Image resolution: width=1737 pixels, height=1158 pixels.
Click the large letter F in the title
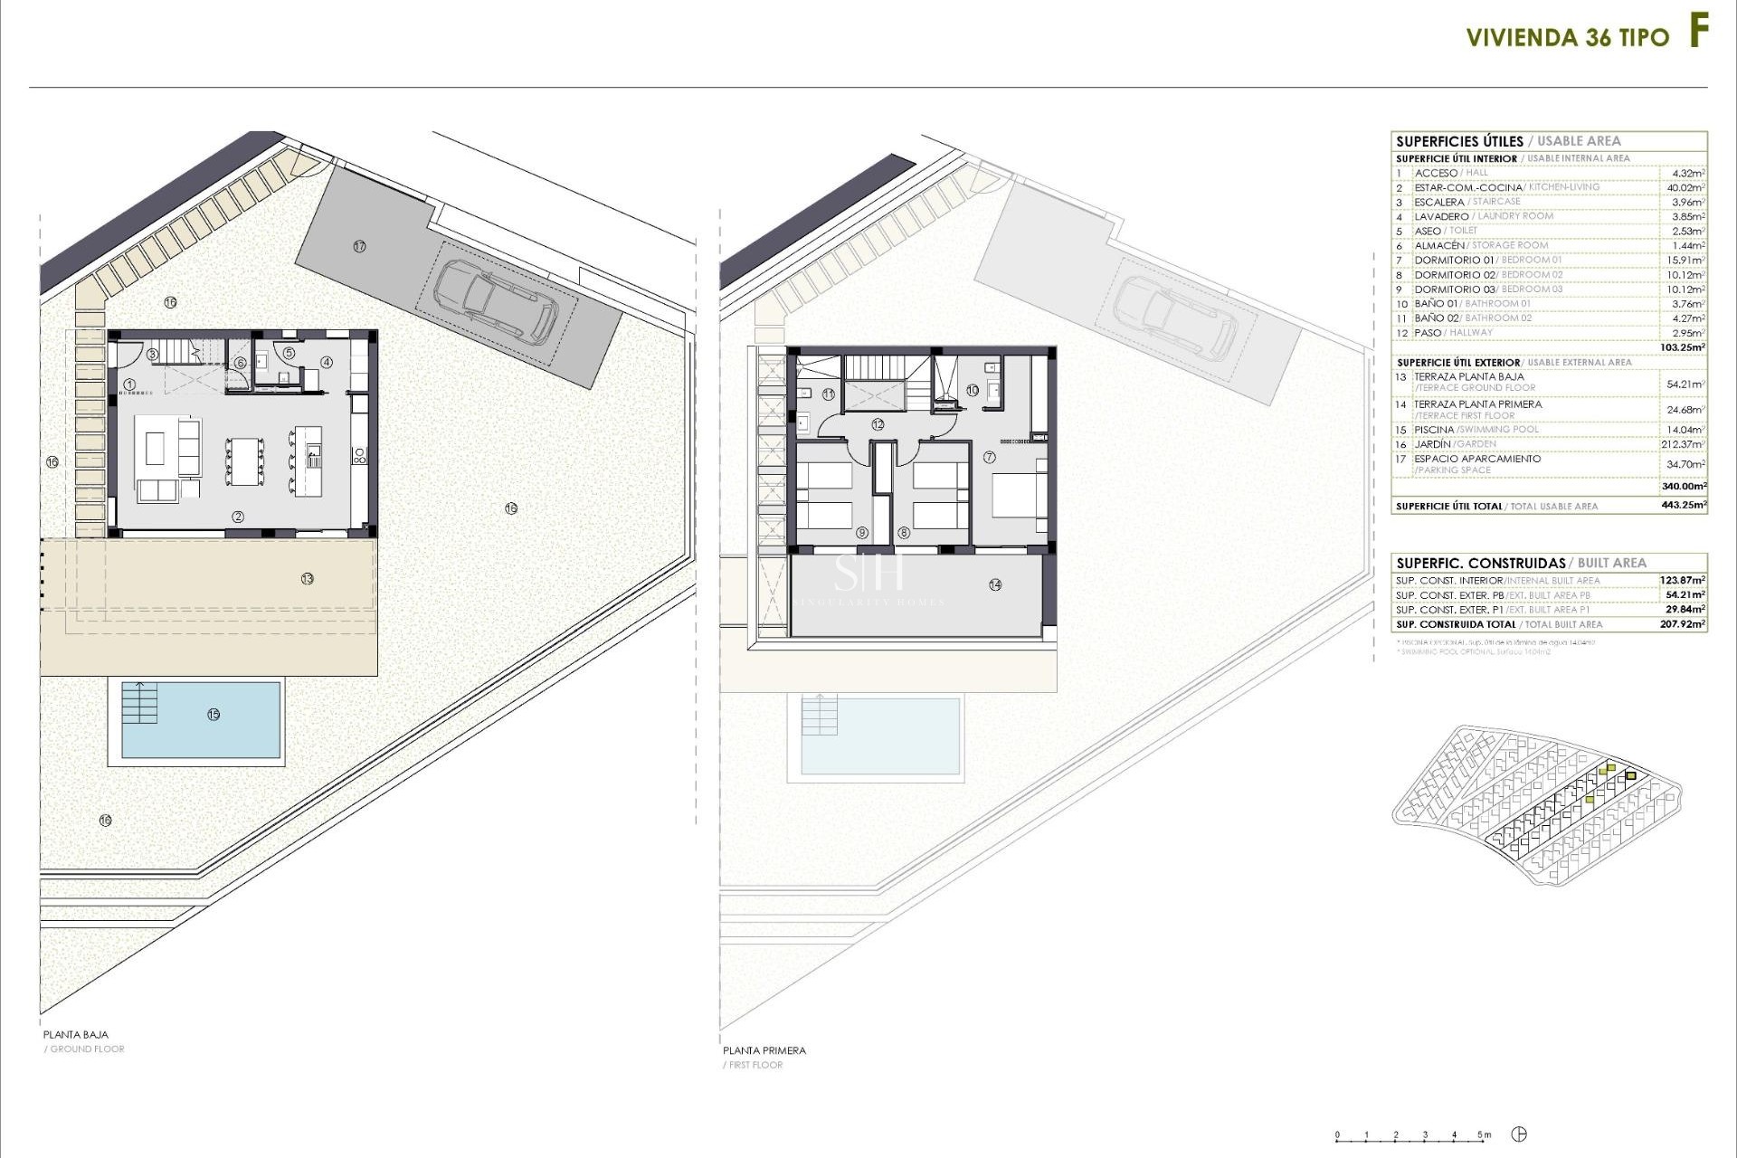(x=1698, y=33)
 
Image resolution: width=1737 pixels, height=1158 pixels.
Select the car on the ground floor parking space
(x=496, y=301)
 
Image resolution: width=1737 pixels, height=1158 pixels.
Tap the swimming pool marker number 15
(x=214, y=715)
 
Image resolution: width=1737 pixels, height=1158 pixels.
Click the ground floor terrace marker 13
(x=308, y=579)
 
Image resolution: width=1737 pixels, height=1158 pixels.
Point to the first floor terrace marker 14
(x=995, y=585)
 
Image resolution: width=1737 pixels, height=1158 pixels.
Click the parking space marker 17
(x=359, y=246)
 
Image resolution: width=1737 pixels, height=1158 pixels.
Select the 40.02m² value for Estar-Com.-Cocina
(x=1685, y=187)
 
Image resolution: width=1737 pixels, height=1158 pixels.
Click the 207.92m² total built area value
(x=1683, y=624)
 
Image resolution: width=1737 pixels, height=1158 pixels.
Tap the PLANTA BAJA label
(x=76, y=1034)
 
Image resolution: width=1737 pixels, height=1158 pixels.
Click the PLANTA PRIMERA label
(x=764, y=1050)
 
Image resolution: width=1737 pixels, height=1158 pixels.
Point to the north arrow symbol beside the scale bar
(x=1520, y=1134)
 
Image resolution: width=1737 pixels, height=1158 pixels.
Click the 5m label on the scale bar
(x=1484, y=1134)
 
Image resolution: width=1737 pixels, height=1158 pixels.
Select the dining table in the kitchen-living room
(x=245, y=461)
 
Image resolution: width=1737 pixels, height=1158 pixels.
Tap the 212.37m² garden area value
(x=1685, y=444)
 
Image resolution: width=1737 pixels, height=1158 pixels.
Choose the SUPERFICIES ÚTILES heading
(x=1459, y=141)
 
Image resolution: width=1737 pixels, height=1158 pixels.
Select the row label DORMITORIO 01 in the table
(x=1454, y=261)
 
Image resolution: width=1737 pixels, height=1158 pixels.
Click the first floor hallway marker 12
(x=878, y=424)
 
